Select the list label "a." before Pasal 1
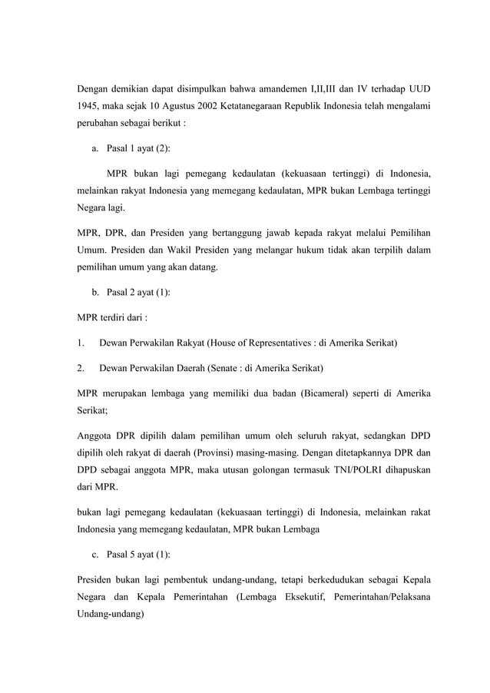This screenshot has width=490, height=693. [x=96, y=148]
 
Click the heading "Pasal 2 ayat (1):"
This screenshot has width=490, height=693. [x=138, y=293]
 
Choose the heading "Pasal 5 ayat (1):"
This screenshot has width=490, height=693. [x=138, y=555]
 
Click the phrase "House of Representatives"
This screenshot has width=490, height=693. [x=260, y=340]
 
